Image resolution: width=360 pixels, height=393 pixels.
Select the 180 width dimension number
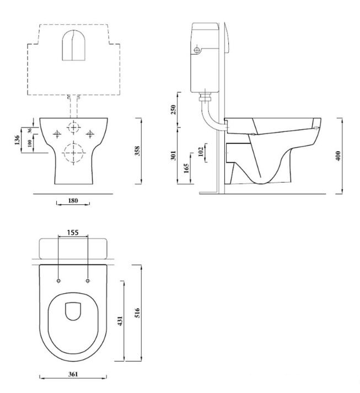73,200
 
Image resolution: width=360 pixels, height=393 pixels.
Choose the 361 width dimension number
73,374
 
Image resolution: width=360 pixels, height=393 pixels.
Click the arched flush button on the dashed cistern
73,45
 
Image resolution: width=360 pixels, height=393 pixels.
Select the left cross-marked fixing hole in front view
56,134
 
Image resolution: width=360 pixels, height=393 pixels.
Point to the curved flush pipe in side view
208,116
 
